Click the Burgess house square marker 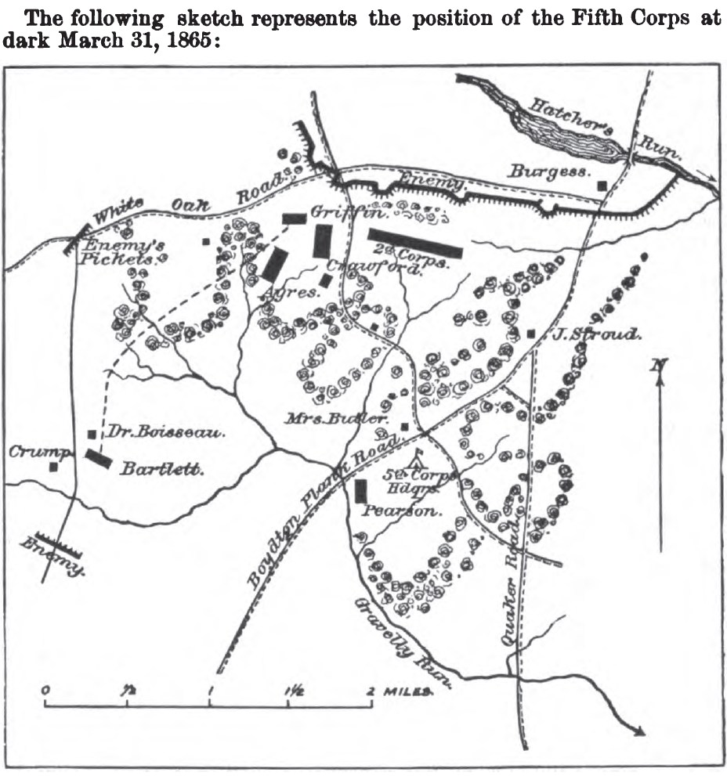click(x=602, y=186)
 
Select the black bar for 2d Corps click(x=415, y=242)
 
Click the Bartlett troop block click(x=99, y=459)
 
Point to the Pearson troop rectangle click(x=361, y=491)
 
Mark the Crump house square click(x=53, y=467)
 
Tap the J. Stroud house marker click(x=531, y=334)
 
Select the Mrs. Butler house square click(x=404, y=427)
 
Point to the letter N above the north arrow click(x=660, y=364)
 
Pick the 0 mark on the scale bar click(x=46, y=691)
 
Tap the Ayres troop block click(x=274, y=265)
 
